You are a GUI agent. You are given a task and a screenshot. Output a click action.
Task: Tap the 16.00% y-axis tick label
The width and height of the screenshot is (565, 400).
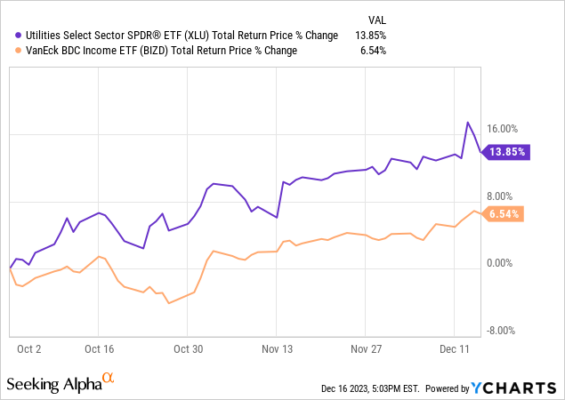click(512, 129)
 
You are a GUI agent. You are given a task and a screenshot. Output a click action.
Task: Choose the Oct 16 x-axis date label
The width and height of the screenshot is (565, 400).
click(100, 349)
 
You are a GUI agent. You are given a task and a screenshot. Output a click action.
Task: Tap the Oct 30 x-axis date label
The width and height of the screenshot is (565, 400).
click(189, 349)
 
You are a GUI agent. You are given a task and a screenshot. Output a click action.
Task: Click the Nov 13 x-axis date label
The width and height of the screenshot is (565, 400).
click(277, 349)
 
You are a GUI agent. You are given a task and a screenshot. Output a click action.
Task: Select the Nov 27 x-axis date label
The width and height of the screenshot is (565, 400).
click(366, 349)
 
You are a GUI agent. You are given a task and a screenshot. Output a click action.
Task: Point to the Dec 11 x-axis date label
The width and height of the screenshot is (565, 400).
click(454, 349)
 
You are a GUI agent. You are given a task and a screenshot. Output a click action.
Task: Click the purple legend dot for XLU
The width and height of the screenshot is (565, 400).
click(8, 36)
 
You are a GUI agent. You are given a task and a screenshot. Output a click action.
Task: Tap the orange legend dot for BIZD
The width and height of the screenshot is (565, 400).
click(8, 51)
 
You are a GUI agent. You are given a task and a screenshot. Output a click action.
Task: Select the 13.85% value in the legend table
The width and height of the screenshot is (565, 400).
click(371, 36)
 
